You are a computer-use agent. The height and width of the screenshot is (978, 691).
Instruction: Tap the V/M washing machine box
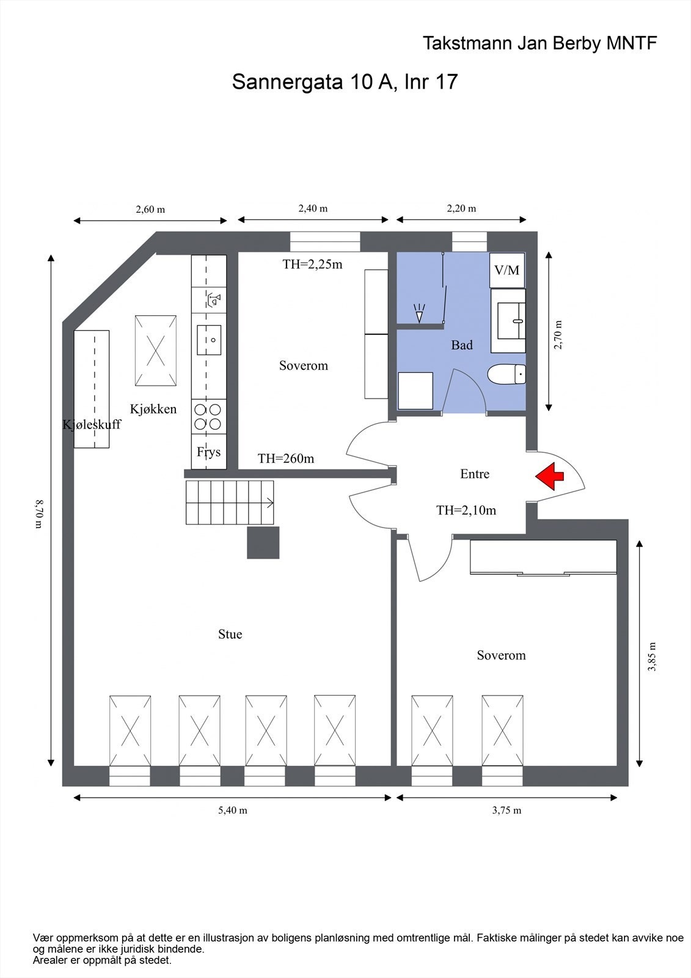(506, 270)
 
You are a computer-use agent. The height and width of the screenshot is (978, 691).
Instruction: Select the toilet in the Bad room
(506, 375)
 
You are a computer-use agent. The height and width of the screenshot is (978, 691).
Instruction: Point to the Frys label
(209, 452)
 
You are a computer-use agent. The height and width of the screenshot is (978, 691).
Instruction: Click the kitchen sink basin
(209, 340)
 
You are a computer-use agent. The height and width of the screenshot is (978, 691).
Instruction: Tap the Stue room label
(230, 634)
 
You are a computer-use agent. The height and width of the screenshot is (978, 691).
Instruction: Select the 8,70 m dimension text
(39, 513)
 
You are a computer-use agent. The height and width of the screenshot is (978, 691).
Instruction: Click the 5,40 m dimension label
(233, 811)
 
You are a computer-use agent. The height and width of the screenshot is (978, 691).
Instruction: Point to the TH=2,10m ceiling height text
(466, 510)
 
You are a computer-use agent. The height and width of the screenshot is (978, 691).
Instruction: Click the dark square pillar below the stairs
(263, 543)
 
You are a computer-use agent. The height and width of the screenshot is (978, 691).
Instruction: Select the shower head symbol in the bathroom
(420, 313)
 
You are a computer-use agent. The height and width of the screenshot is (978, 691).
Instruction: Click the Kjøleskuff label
(92, 424)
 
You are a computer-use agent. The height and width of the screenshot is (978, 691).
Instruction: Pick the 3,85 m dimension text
(652, 656)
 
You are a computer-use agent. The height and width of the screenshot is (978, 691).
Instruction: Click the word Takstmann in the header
(467, 43)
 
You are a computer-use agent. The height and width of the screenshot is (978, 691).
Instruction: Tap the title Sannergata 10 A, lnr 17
(345, 81)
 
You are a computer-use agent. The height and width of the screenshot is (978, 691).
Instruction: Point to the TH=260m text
(286, 458)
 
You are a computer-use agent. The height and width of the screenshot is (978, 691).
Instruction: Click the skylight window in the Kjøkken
(156, 351)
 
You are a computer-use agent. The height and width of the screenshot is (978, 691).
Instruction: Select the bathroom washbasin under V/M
(508, 321)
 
